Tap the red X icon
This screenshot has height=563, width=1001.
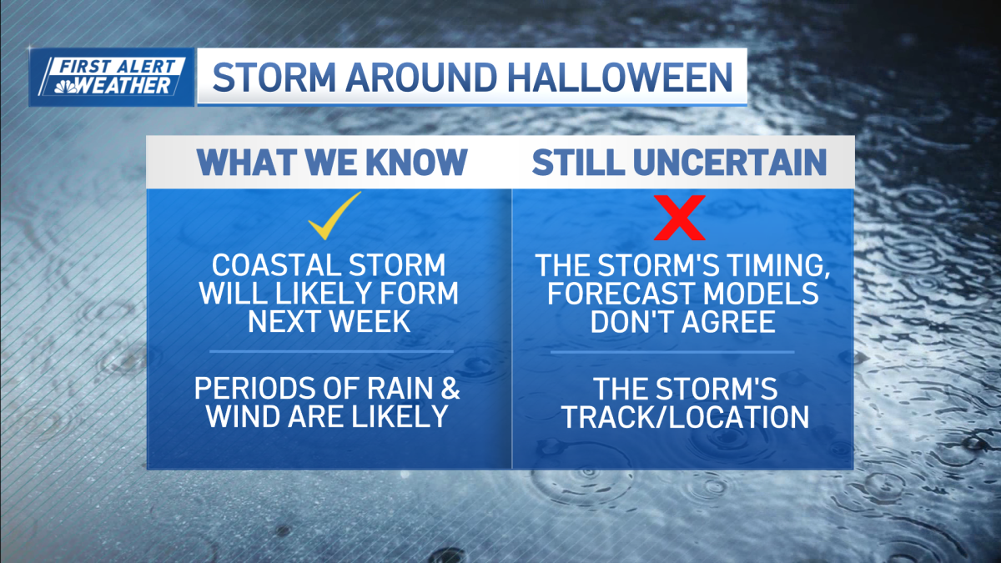tap(680, 218)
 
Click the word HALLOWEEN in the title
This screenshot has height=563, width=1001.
tap(621, 78)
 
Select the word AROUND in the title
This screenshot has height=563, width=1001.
tap(421, 78)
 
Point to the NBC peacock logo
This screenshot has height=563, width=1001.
tap(65, 86)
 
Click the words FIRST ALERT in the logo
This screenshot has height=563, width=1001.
tap(118, 67)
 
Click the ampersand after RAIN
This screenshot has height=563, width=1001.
tap(450, 388)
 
